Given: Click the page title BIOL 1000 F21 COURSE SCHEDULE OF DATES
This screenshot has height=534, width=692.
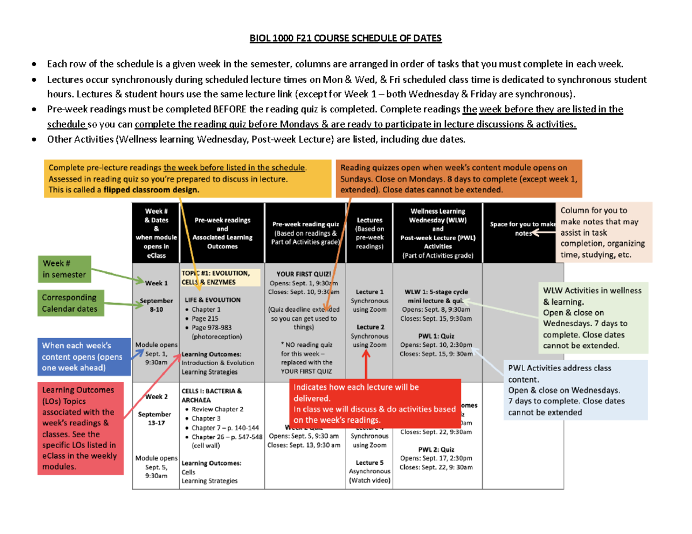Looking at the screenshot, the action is pos(345,39).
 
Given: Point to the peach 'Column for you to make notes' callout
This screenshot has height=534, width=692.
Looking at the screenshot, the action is pos(603,233).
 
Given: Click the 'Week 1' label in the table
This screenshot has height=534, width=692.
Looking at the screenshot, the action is pos(156,283).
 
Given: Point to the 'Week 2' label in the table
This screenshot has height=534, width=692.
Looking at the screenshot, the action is pos(156,397).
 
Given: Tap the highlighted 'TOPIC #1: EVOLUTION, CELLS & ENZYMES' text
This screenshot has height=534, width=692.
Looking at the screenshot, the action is pos(215,277).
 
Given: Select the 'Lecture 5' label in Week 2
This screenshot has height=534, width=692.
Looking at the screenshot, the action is pos(370,462).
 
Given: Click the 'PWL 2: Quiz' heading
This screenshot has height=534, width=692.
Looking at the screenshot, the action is pos(437,449).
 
